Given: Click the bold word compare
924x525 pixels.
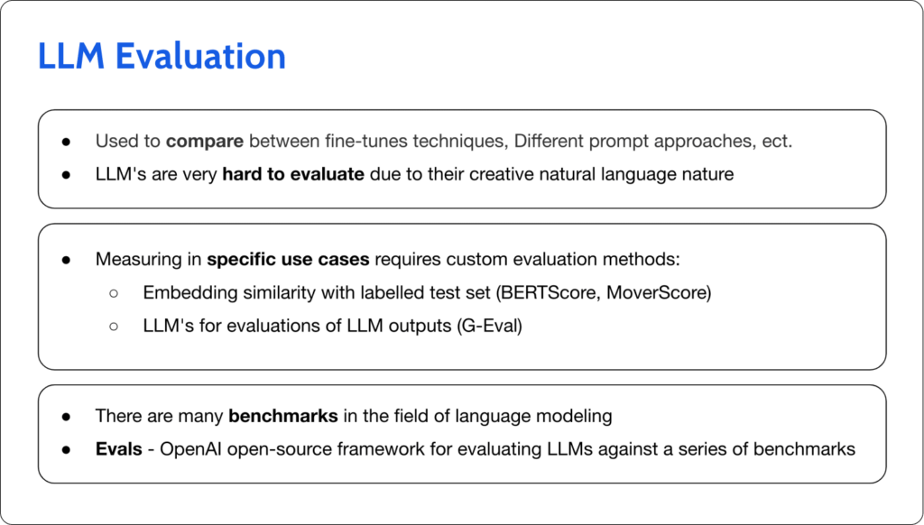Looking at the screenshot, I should pos(204,142).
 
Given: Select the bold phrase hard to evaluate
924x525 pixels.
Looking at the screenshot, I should pos(293,173).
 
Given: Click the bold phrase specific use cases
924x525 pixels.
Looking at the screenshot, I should pos(288,259).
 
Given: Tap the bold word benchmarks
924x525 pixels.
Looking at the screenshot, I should pos(282,416).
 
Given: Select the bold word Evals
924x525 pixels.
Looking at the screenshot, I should pos(119,448).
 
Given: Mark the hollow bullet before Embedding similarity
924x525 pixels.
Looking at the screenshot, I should pos(114,293).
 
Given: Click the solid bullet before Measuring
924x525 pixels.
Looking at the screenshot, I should pos(67,260).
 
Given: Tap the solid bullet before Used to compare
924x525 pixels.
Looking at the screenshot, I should pos(67,143).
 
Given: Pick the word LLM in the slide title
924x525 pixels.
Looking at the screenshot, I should pos(70,56).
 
